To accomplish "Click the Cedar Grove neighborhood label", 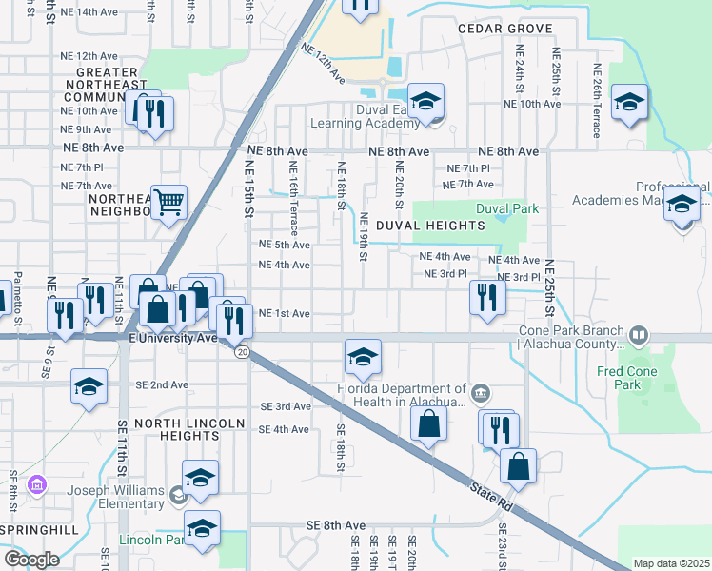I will click(x=504, y=29).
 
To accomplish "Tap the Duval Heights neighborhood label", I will click(x=429, y=226).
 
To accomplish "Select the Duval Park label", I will click(x=508, y=207).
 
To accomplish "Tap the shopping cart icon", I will click(x=168, y=201).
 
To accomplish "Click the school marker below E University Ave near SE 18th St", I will click(x=363, y=357).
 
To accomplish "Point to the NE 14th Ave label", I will click(x=89, y=11).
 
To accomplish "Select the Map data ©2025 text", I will click(x=670, y=563).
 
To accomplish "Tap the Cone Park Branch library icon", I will click(x=638, y=336).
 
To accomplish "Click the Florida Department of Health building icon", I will click(x=481, y=390).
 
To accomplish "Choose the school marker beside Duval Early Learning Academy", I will click(x=425, y=100).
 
